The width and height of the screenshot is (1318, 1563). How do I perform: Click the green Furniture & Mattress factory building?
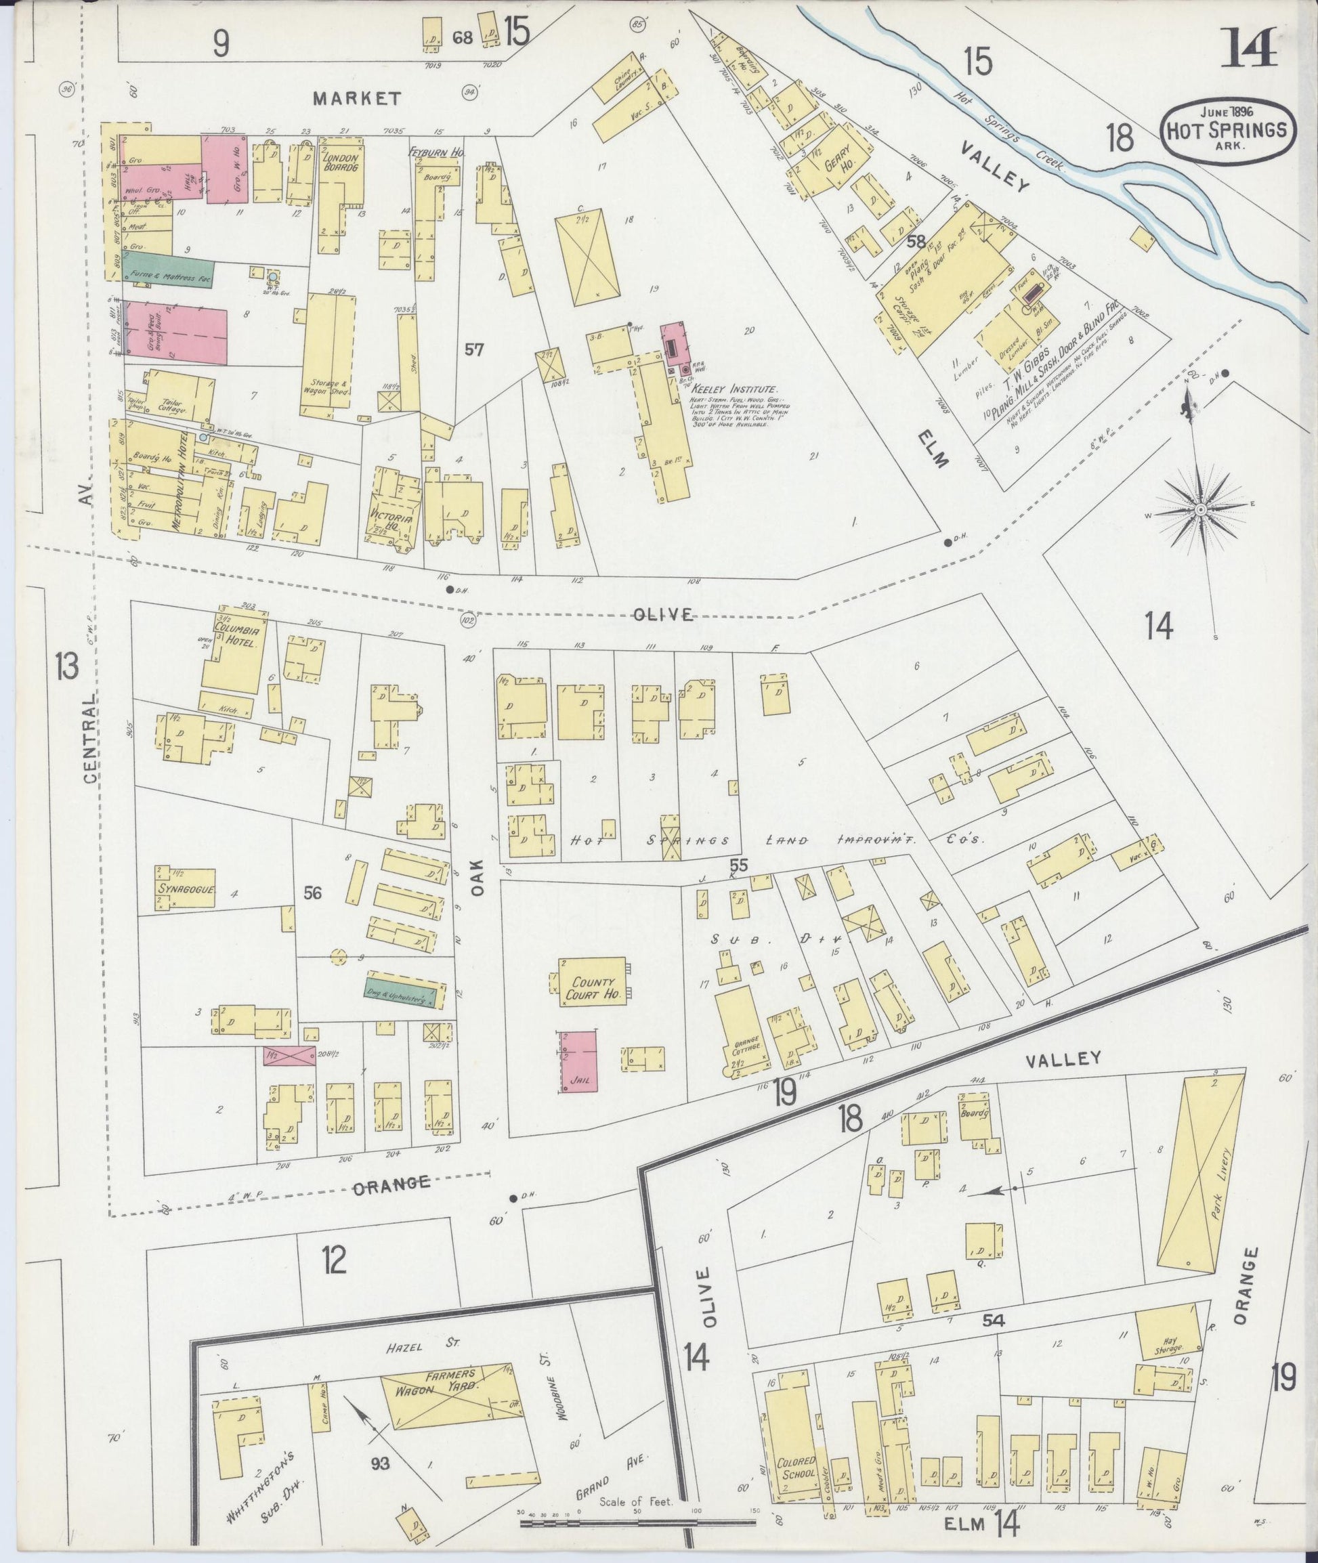point(169,274)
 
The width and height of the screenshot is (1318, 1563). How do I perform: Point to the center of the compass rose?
point(1200,509)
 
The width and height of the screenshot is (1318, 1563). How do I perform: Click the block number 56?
point(312,892)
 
